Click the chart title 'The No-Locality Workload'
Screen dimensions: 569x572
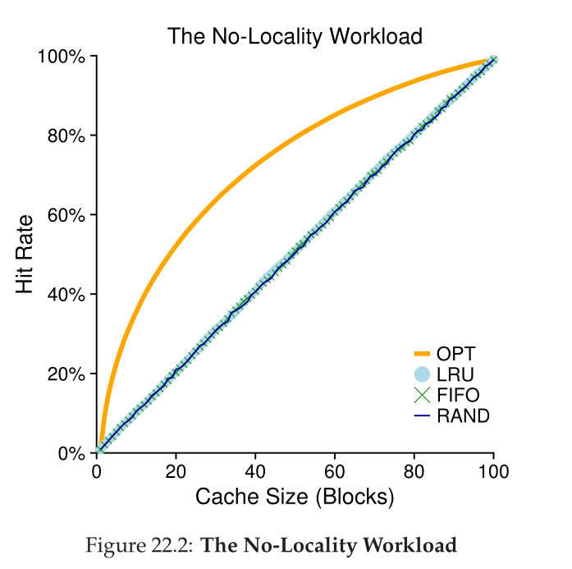tap(295, 36)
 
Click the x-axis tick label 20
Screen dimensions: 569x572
tap(176, 471)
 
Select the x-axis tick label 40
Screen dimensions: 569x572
tap(255, 471)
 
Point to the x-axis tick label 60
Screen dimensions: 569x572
tap(335, 471)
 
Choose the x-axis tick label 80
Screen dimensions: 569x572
tap(414, 471)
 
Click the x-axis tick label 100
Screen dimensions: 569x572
tap(493, 471)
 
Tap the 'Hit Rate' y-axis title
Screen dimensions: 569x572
tap(25, 255)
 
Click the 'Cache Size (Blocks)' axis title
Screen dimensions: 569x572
tap(295, 497)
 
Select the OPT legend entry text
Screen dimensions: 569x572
tap(456, 354)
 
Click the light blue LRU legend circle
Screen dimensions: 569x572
tap(423, 374)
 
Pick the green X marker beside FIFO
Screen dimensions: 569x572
tap(423, 395)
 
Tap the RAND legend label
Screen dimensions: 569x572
tap(463, 415)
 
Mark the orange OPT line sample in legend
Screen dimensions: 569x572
tap(423, 354)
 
